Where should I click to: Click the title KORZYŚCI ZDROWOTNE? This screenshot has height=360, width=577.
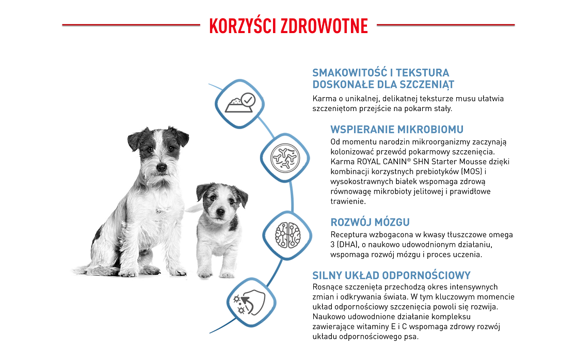[x=288, y=25]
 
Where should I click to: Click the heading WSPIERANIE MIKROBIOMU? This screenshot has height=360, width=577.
[x=397, y=129]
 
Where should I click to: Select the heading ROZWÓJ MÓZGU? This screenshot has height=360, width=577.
[x=370, y=223]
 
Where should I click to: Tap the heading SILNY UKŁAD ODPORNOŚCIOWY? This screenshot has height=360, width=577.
[x=391, y=275]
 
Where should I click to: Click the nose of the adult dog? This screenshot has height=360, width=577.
[x=162, y=167]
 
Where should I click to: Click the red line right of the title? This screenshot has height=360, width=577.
[x=446, y=25]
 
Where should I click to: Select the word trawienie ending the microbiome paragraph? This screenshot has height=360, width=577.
[x=348, y=201]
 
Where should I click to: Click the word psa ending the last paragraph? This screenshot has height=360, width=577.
[x=412, y=337]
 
